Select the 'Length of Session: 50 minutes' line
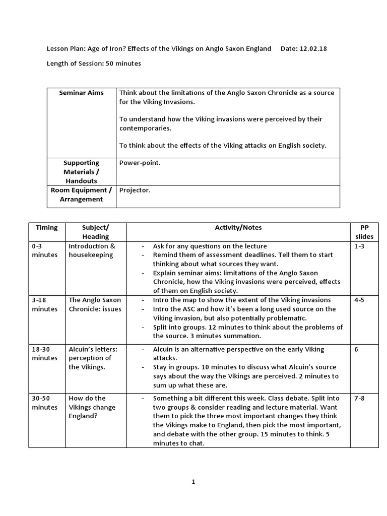click(x=94, y=63)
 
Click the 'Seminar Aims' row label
click(x=81, y=93)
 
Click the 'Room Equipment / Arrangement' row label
click(x=81, y=195)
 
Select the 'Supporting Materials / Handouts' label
click(x=81, y=172)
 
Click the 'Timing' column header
click(x=46, y=228)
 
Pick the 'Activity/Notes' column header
click(x=238, y=228)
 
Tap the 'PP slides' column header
click(x=364, y=232)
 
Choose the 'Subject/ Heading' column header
click(x=95, y=232)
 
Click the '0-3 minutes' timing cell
click(x=45, y=250)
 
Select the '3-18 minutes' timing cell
click(x=45, y=304)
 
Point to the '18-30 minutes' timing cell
click(x=45, y=354)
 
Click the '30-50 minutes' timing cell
click(x=45, y=403)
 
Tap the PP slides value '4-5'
click(x=359, y=300)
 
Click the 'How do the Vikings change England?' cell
click(x=92, y=407)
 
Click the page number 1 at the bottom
click(x=193, y=482)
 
